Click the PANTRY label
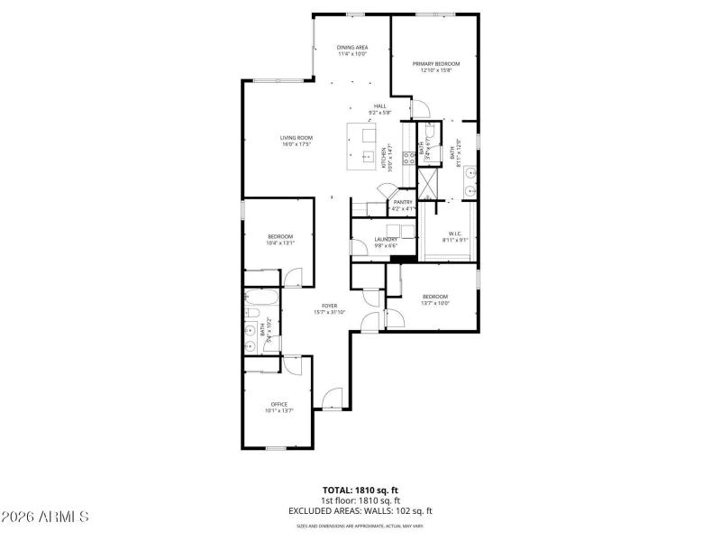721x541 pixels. [x=403, y=202]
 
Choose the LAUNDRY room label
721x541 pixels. [x=386, y=240]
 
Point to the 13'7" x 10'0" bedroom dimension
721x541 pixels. [x=435, y=303]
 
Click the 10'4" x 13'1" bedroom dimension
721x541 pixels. [x=280, y=243]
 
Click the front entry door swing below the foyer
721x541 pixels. [x=333, y=398]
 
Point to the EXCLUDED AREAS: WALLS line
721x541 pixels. [x=360, y=511]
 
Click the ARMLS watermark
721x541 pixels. [x=45, y=517]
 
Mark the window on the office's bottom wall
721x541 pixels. [x=277, y=447]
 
